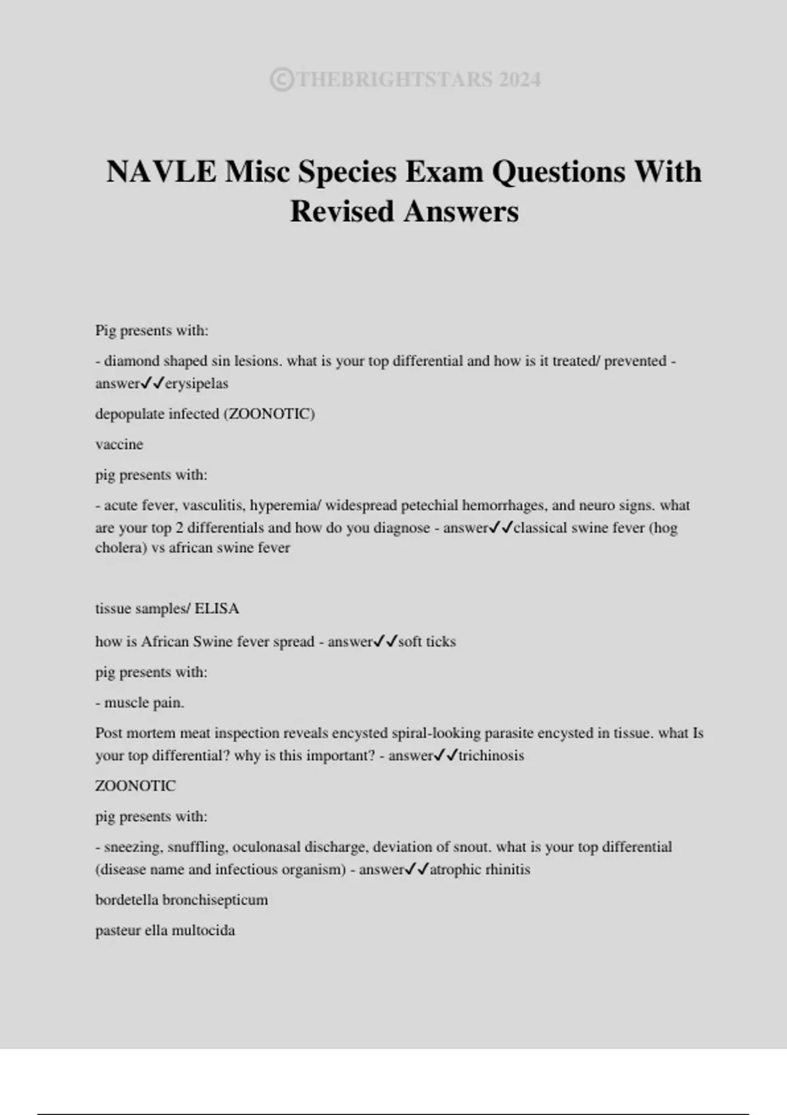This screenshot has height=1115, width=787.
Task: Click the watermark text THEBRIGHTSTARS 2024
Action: click(x=418, y=80)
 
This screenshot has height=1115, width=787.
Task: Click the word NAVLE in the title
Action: click(x=161, y=172)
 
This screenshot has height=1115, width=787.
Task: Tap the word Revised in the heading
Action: click(x=342, y=211)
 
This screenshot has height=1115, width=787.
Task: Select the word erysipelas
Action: click(x=196, y=384)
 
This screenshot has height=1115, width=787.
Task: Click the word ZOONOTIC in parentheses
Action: click(x=270, y=414)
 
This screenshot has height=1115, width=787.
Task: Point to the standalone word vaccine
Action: click(x=119, y=445)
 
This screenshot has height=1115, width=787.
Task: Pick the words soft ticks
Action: click(x=426, y=641)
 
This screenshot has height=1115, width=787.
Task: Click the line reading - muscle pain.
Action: click(x=140, y=702)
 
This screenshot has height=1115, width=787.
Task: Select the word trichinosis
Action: click(x=491, y=756)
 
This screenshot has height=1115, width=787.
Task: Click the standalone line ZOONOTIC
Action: click(x=135, y=786)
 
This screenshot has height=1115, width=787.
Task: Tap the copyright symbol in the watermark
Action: click(x=281, y=80)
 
